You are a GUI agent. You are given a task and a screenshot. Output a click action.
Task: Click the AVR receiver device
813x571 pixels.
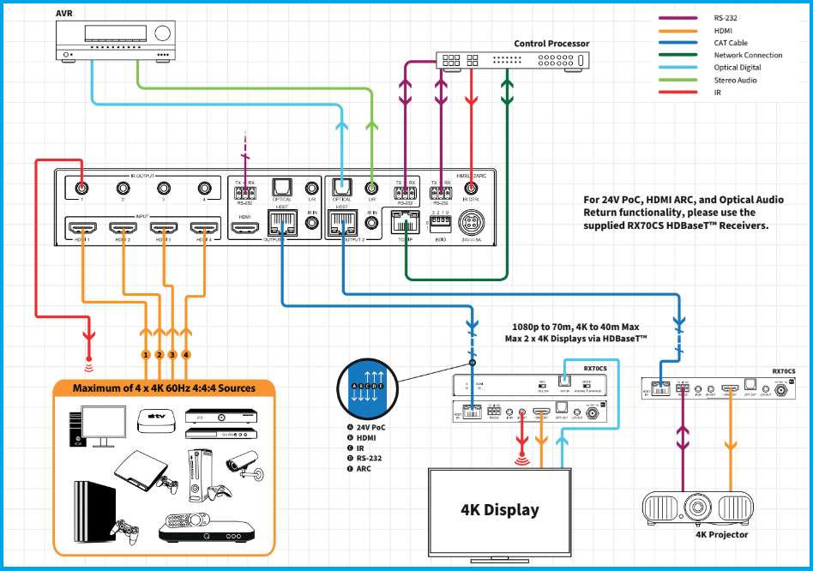pos(119,40)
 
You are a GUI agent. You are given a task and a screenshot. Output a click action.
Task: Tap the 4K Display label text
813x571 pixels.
pos(500,509)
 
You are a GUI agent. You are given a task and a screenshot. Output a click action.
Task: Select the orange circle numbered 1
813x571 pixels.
pos(147,354)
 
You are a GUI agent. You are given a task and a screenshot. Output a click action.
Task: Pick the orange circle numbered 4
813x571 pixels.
pos(186,354)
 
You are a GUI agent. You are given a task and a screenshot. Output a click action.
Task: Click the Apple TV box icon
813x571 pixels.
pos(156,419)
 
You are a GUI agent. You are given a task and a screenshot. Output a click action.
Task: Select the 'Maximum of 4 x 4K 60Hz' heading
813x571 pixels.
pos(164,388)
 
